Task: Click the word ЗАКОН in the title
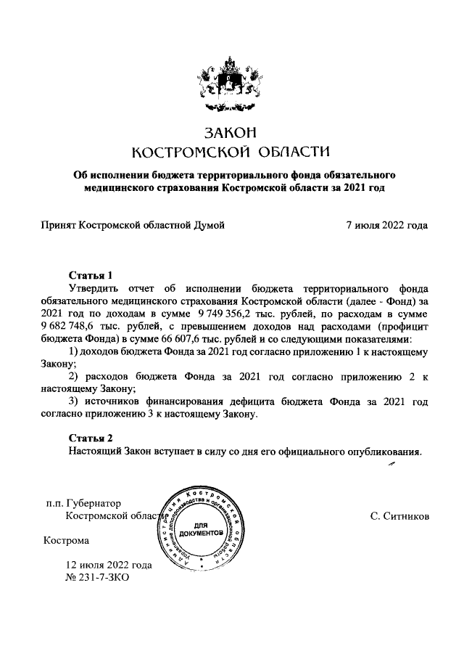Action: click(x=232, y=133)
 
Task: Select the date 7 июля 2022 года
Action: click(x=387, y=225)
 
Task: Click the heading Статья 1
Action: click(x=91, y=276)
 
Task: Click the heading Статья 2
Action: click(x=91, y=438)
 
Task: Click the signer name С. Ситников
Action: click(x=399, y=516)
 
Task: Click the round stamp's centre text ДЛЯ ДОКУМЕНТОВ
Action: click(x=201, y=529)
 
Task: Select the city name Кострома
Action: click(x=67, y=541)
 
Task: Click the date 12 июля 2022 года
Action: click(x=109, y=565)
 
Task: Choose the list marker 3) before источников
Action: click(x=74, y=401)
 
